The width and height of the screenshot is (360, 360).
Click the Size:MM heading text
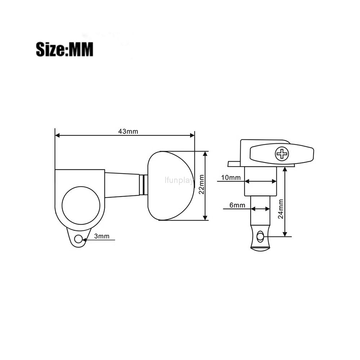[64, 49]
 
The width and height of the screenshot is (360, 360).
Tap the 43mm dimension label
[128, 131]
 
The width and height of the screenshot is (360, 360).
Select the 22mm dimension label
[201, 184]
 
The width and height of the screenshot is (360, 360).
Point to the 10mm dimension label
[231, 177]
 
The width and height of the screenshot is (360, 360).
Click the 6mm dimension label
[237, 205]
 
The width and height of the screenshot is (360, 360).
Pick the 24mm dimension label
[280, 209]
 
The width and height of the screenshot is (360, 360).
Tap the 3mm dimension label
[102, 236]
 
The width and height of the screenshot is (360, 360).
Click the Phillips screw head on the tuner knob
[282, 154]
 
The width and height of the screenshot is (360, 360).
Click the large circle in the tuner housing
[81, 206]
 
